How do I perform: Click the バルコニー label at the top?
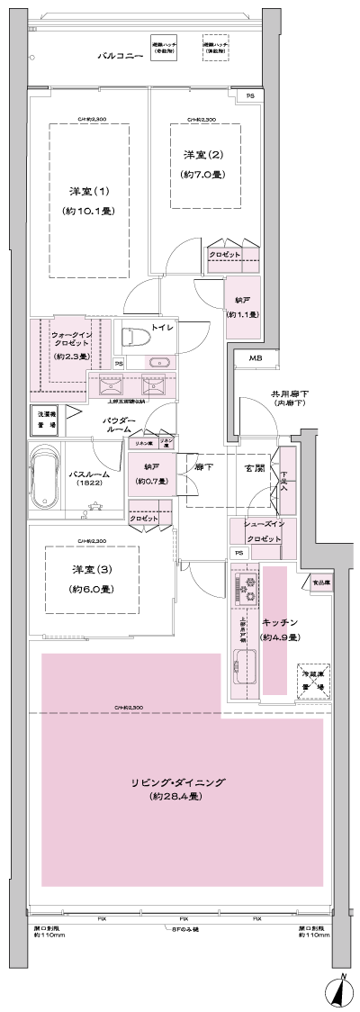(x=121, y=57)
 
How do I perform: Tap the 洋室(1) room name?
(x=90, y=192)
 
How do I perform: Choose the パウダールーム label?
(x=119, y=425)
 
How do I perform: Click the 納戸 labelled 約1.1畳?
(x=243, y=308)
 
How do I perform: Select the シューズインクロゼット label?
(x=255, y=530)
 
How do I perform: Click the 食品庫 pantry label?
(x=319, y=583)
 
